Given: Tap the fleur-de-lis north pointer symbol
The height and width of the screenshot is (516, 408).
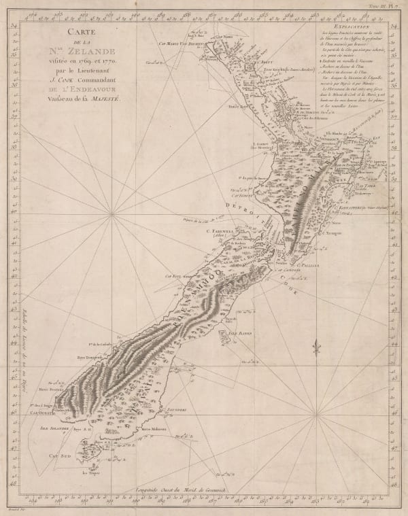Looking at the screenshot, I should (x=316, y=350).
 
